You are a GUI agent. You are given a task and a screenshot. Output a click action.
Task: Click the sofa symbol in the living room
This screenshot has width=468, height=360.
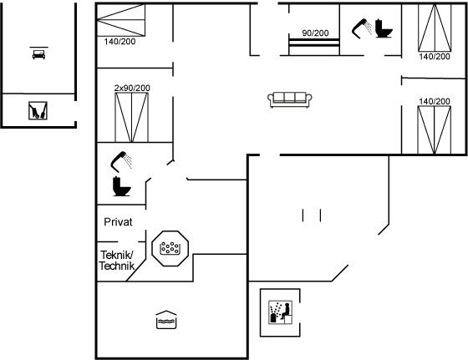[289, 99]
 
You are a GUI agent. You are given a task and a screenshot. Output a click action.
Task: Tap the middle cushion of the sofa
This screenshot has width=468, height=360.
[289, 98]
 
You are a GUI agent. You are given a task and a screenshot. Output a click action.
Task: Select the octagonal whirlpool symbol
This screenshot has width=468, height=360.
[170, 248]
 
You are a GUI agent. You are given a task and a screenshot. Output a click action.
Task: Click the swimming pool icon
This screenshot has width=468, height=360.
[166, 320]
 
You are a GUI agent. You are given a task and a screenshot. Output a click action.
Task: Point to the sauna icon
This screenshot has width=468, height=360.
[280, 312]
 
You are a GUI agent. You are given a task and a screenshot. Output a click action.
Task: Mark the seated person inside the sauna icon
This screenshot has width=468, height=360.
[286, 312]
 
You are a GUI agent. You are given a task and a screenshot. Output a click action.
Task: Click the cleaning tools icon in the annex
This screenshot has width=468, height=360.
[38, 110]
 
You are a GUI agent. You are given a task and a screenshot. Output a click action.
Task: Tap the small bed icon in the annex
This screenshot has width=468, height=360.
[38, 54]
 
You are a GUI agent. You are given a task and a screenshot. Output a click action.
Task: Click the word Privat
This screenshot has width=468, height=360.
[118, 222]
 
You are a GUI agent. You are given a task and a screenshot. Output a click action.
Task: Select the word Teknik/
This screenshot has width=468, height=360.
[117, 255]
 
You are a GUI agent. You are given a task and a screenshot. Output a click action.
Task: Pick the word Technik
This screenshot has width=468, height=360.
[117, 266]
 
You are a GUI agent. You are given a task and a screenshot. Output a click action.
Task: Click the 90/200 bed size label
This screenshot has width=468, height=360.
[315, 33]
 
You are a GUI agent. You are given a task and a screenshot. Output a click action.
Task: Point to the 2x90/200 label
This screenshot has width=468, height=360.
[132, 88]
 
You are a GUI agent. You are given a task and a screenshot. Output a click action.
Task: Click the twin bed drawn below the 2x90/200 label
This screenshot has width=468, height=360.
[132, 117]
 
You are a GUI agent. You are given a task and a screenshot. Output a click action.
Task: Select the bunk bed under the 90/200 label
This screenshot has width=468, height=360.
[314, 47]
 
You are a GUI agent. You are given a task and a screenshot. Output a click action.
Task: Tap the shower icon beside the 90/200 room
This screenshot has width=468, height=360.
[361, 28]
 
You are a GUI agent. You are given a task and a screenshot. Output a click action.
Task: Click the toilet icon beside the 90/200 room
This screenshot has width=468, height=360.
[384, 28]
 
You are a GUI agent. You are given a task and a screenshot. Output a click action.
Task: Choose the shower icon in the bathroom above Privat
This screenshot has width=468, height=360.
[121, 161]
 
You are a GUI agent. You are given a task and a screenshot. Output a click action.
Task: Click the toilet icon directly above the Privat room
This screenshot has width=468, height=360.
[122, 186]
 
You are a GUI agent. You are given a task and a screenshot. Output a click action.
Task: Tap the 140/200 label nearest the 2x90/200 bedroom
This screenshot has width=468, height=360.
[120, 42]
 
